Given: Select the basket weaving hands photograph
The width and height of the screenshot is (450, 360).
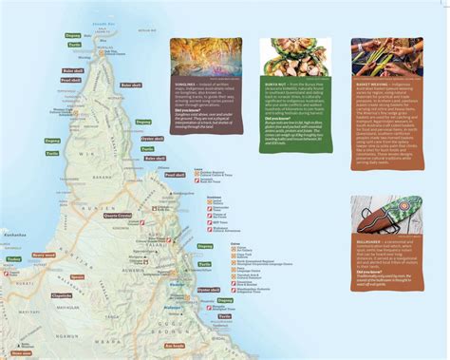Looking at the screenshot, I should (388, 62).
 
